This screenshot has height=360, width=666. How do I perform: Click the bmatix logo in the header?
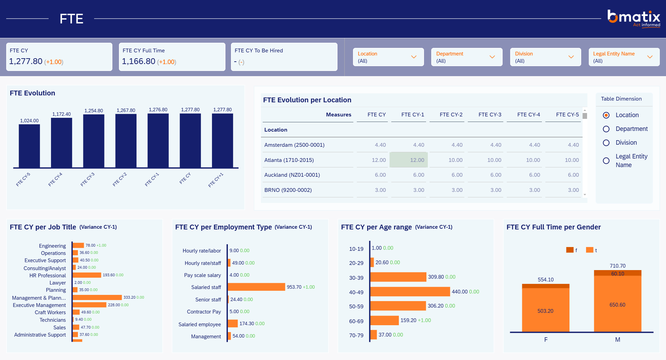[x=634, y=18]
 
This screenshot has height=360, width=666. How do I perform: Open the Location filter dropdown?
[x=388, y=57]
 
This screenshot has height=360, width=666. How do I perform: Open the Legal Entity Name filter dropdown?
[x=624, y=57]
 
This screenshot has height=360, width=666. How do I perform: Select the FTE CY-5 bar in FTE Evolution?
[x=29, y=146]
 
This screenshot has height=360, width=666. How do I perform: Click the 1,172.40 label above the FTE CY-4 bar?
[x=61, y=114]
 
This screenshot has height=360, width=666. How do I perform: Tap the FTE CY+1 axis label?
[x=216, y=180]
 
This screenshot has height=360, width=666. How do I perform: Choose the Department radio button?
[x=606, y=129]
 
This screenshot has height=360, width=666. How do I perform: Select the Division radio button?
[x=606, y=143]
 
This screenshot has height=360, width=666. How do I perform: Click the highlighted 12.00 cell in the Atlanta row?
[x=408, y=160]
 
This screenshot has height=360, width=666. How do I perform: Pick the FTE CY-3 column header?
[x=490, y=115]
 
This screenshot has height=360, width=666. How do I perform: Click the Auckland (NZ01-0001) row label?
[x=292, y=175]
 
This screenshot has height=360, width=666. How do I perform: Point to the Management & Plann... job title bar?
[x=97, y=297]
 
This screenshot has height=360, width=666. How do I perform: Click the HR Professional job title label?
[x=48, y=276]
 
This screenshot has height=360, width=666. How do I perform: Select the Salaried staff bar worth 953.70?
[x=256, y=287]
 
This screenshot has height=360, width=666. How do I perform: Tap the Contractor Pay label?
[x=204, y=312]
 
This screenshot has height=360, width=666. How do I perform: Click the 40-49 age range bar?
[x=410, y=292]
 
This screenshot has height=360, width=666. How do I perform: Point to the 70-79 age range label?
[x=356, y=336]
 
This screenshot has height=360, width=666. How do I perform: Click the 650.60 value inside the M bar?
[x=617, y=305]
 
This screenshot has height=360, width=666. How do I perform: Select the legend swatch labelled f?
[x=570, y=250]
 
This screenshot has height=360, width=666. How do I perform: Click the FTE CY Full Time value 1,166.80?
[x=139, y=61]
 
